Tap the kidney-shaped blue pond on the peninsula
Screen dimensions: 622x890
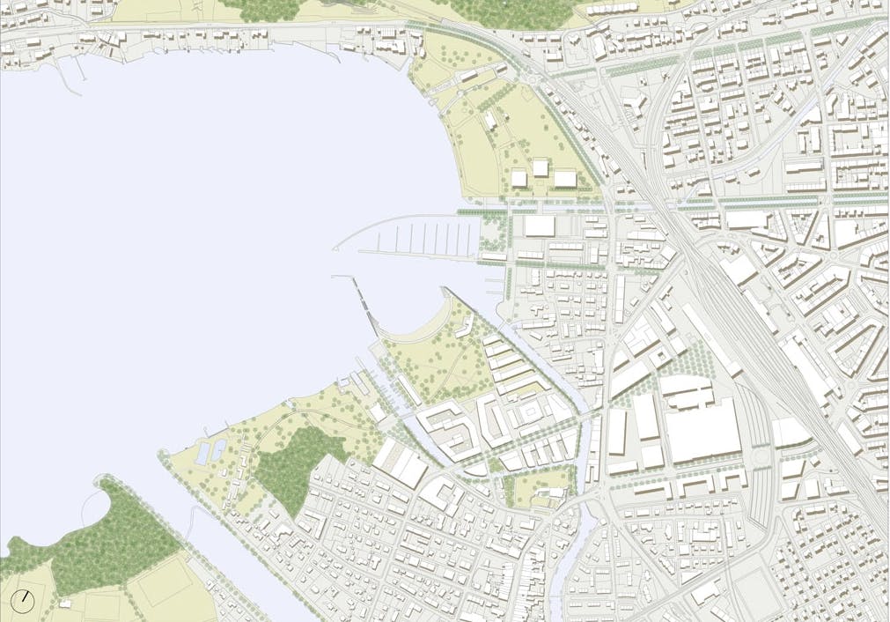click(x=204, y=453)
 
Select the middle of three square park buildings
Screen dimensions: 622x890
click(x=541, y=167)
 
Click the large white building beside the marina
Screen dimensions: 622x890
click(x=539, y=226)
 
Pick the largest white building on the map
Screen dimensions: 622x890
click(x=702, y=429)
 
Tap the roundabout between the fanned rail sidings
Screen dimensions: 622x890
click(x=759, y=459)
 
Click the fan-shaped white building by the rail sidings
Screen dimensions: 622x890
click(x=790, y=432)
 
